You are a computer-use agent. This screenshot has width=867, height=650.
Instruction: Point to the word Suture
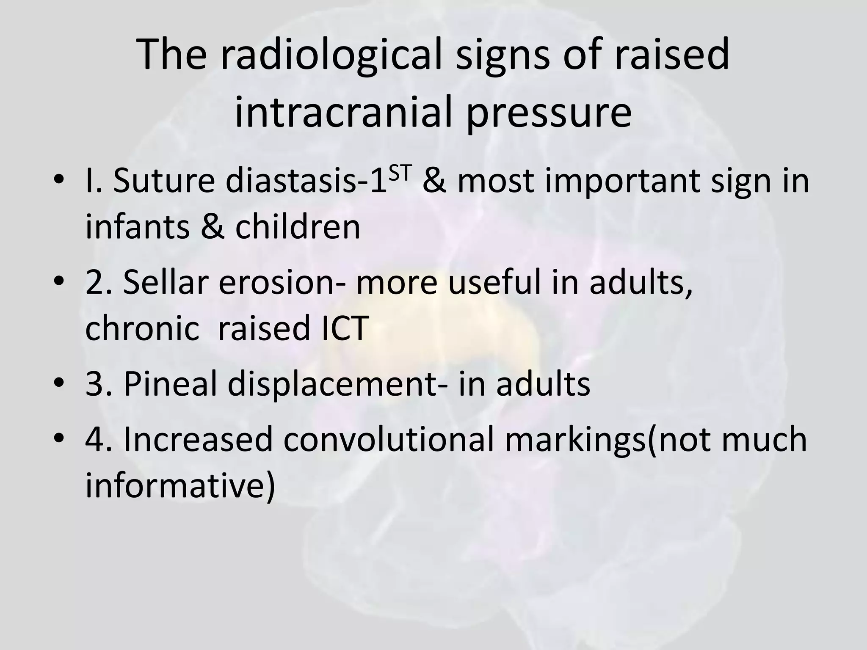tap(163, 181)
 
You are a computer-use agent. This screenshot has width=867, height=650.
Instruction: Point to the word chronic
tap(142, 328)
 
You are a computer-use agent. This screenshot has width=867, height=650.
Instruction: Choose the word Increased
tap(198, 440)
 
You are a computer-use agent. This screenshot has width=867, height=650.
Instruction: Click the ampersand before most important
tap(434, 181)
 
